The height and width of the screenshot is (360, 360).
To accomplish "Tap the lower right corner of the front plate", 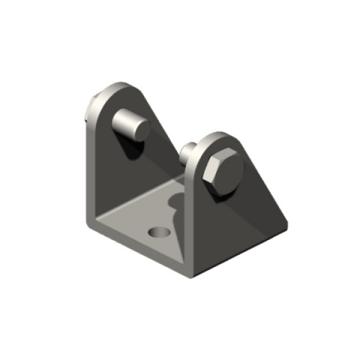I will pos(284,223).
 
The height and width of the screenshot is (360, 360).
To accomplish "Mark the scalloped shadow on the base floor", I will pos(175,206).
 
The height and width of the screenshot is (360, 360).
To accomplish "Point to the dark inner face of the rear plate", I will pos(112,172).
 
